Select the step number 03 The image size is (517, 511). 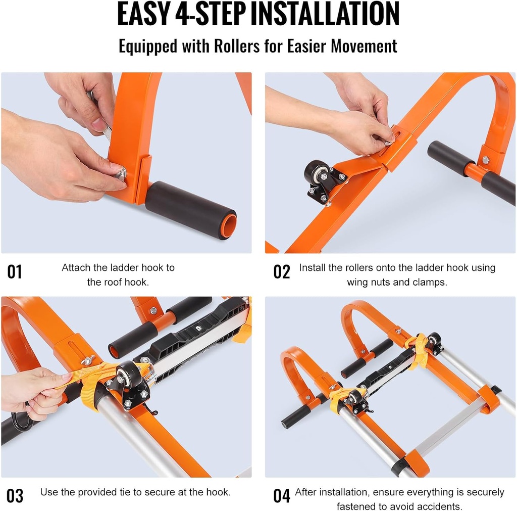pyautogui.click(x=15, y=496)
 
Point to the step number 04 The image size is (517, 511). pyautogui.click(x=282, y=496)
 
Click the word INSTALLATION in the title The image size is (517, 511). pyautogui.click(x=325, y=14)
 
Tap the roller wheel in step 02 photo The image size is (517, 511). pyautogui.click(x=317, y=173)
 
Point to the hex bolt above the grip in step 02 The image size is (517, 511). pyautogui.click(x=485, y=160)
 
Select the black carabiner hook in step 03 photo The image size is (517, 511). pyautogui.click(x=21, y=422)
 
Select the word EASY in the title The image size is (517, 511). pyautogui.click(x=142, y=14)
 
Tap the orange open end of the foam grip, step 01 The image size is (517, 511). pyautogui.click(x=228, y=225)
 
